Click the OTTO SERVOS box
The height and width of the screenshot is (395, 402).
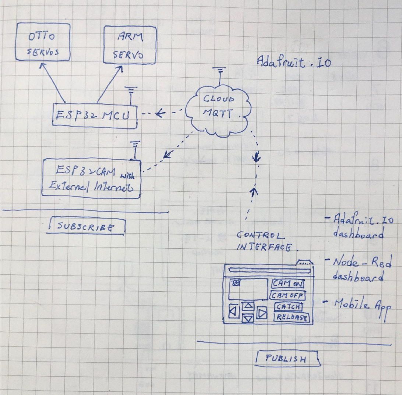(x=43, y=42)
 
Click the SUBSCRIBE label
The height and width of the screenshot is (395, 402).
(x=85, y=227)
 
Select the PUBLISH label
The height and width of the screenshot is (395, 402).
(x=286, y=359)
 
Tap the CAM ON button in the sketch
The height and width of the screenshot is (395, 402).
(x=288, y=284)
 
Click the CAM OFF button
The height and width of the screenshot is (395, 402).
(x=288, y=295)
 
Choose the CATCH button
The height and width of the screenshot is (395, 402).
(x=289, y=307)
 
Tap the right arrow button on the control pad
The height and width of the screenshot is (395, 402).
(x=262, y=313)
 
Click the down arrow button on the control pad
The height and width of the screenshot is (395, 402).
(x=248, y=319)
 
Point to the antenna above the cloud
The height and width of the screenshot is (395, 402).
(x=219, y=75)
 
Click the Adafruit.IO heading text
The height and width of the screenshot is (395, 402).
(x=293, y=63)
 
